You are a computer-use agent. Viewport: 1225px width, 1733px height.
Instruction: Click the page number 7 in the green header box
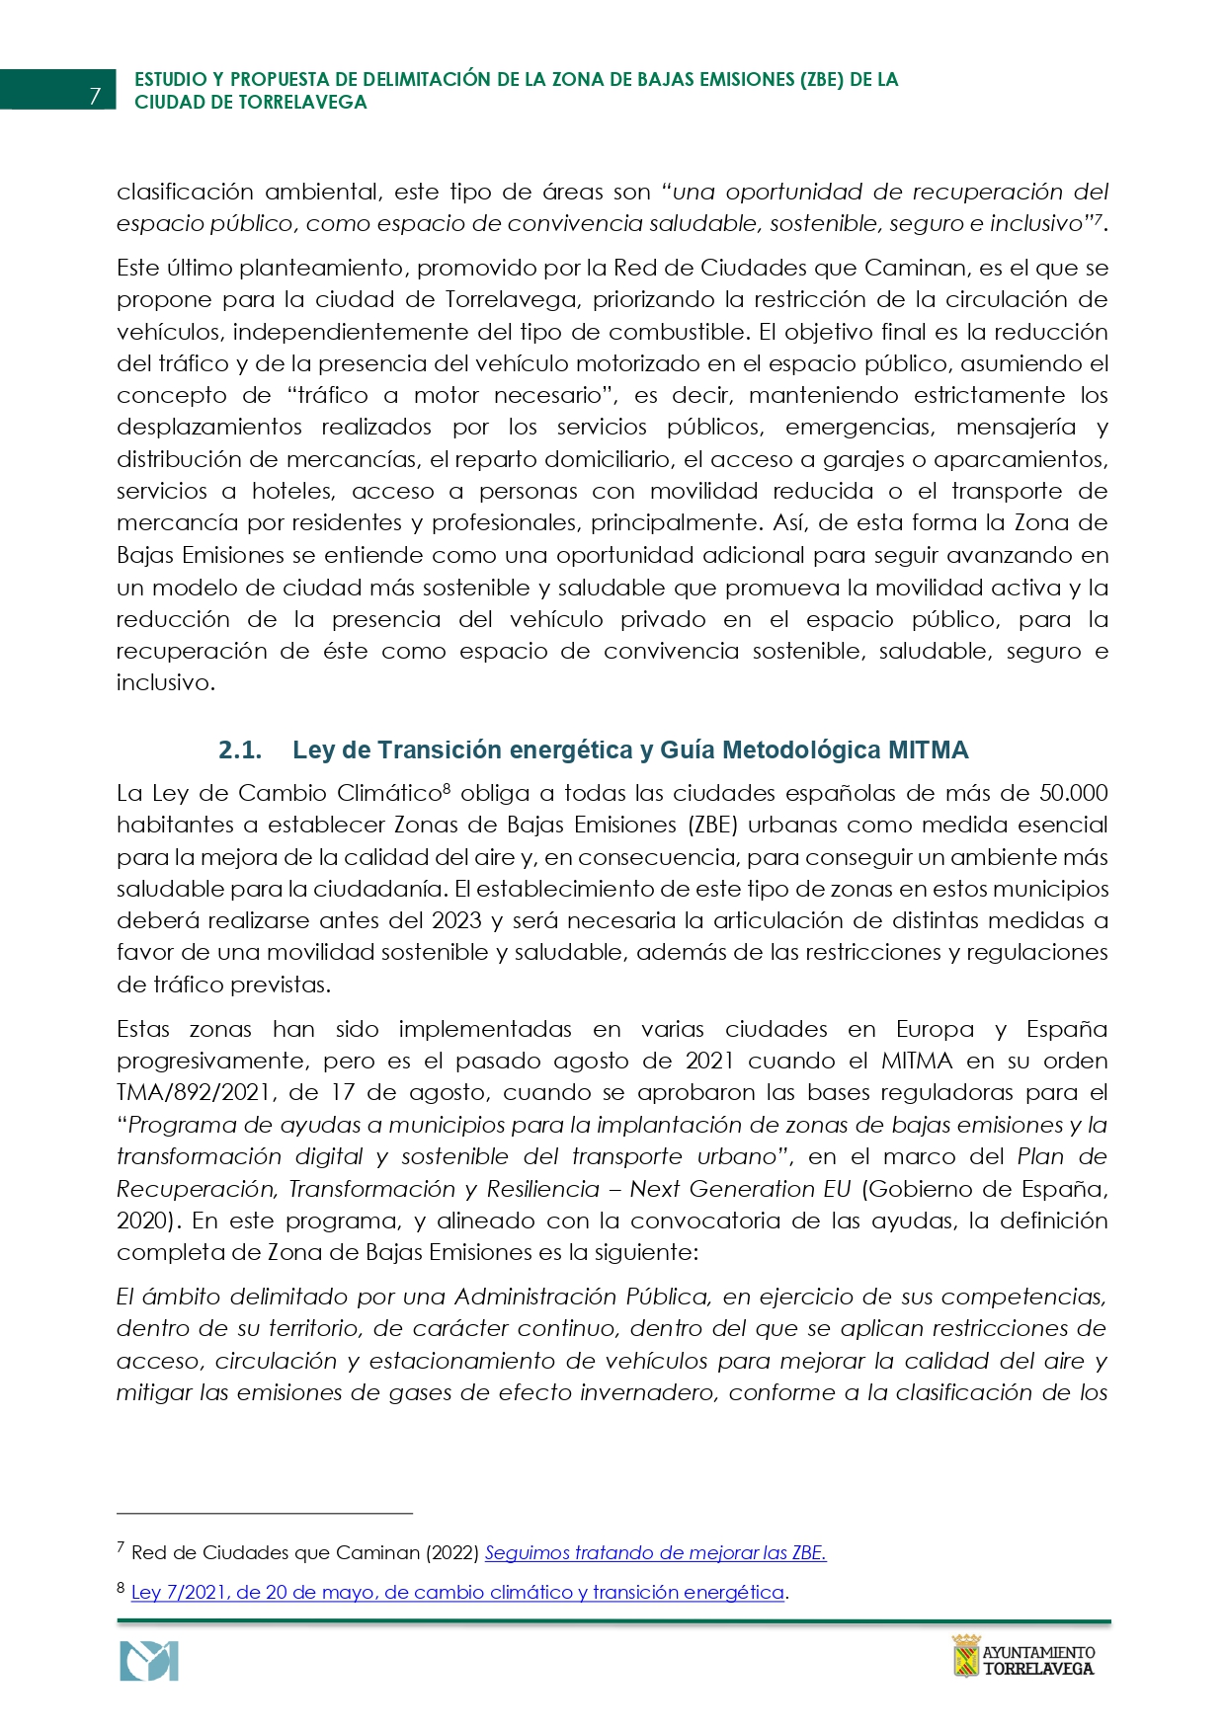(95, 96)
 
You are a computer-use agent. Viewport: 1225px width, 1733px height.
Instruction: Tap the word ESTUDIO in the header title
(170, 80)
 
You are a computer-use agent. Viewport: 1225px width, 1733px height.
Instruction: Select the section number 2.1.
(240, 750)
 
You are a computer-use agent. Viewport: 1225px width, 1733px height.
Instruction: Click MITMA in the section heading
(928, 750)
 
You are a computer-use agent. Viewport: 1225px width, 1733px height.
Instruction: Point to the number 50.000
(1073, 793)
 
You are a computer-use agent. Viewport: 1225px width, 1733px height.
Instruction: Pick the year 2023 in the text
(456, 920)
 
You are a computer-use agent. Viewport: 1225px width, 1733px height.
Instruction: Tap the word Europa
(935, 1029)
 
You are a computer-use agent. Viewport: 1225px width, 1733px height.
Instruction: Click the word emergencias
(859, 427)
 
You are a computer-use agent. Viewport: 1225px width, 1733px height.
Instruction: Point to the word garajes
(869, 459)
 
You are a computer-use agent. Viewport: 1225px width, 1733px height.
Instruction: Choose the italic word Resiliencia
(542, 1189)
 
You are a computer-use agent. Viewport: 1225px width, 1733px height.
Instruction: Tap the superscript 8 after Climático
(447, 788)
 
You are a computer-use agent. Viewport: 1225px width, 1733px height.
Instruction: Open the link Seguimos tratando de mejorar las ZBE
(655, 1552)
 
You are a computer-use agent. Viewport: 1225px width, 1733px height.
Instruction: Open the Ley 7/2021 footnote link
(457, 1592)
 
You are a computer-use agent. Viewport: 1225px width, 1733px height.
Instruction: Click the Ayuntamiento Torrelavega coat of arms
(965, 1656)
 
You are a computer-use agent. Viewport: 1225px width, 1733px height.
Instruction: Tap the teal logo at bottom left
(149, 1661)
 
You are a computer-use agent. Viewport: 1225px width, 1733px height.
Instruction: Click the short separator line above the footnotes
(264, 1513)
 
